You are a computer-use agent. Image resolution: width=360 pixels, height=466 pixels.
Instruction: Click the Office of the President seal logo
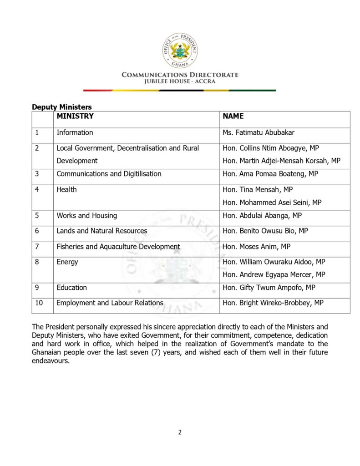pyautogui.click(x=180, y=51)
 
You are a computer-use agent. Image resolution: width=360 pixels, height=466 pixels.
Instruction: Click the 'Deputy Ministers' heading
pyautogui.click(x=61, y=107)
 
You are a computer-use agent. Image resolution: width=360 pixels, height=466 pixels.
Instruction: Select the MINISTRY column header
pyautogui.click(x=75, y=116)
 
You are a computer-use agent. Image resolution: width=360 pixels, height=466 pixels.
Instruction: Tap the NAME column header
pyautogui.click(x=233, y=116)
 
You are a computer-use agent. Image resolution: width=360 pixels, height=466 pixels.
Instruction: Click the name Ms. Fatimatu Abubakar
pyautogui.click(x=259, y=133)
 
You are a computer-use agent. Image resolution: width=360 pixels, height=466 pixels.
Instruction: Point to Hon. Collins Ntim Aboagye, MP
pyautogui.click(x=271, y=148)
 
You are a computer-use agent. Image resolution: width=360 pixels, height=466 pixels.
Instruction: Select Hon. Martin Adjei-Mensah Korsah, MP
pyautogui.click(x=281, y=161)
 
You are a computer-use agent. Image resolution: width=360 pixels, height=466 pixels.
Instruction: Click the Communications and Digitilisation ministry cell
pyautogui.click(x=109, y=174)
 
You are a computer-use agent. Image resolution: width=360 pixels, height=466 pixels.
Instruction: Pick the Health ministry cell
pyautogui.click(x=66, y=190)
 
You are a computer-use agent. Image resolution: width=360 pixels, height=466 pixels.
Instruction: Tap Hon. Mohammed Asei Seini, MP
pyautogui.click(x=272, y=202)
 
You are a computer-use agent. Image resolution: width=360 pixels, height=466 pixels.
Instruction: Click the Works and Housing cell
pyautogui.click(x=86, y=216)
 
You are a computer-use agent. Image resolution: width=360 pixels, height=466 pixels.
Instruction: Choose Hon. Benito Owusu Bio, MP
pyautogui.click(x=265, y=231)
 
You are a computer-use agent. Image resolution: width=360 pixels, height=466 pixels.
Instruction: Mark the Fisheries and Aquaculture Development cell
pyautogui.click(x=118, y=247)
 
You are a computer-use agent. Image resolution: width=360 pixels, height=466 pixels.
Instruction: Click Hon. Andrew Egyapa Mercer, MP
pyautogui.click(x=274, y=274)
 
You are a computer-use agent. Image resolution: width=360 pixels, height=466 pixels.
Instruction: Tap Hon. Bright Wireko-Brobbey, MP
pyautogui.click(x=273, y=303)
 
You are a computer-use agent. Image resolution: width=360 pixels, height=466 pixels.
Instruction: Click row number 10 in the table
pyautogui.click(x=39, y=303)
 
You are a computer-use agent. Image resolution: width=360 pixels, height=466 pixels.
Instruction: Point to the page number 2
pyautogui.click(x=180, y=432)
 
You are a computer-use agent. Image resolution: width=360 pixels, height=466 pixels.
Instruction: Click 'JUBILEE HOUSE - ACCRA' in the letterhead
pyautogui.click(x=180, y=81)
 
